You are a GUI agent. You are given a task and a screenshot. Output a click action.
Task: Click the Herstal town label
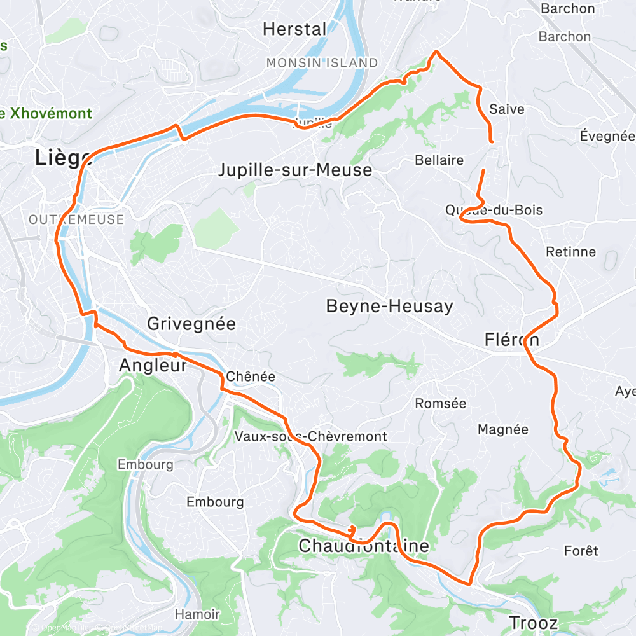click(294, 29)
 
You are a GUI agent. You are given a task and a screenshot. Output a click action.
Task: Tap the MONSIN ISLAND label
click(322, 63)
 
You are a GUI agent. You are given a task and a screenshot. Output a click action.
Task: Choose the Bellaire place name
click(439, 160)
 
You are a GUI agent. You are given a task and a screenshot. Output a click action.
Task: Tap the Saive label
click(507, 109)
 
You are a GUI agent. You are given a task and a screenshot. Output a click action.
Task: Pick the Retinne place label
click(571, 252)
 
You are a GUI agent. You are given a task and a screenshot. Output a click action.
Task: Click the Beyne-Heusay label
click(389, 307)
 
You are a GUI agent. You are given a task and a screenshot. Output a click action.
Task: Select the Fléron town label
click(511, 340)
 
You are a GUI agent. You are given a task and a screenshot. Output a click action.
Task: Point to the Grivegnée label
click(191, 324)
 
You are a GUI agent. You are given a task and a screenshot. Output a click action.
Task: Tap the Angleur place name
click(153, 365)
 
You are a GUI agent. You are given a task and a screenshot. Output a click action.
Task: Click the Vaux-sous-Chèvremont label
click(310, 436)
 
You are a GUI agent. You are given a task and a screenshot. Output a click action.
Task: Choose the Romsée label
click(440, 403)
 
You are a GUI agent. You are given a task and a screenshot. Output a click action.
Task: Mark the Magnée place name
click(502, 430)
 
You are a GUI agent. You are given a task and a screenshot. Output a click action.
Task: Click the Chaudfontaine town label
click(364, 546)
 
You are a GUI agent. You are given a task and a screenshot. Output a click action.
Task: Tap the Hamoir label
click(197, 614)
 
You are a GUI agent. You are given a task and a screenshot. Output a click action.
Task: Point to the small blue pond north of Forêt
click(608, 474)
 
